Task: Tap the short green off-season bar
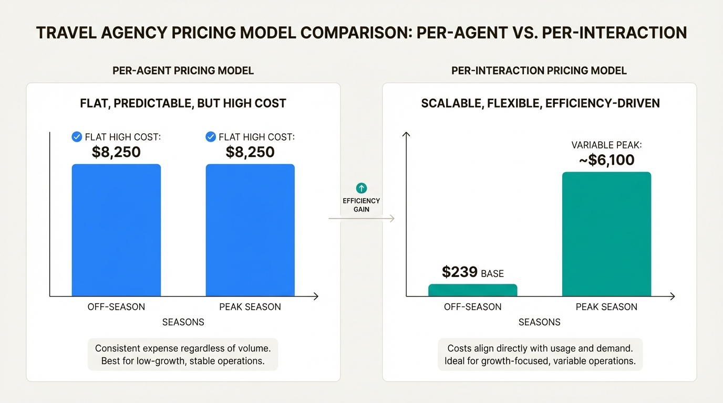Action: coord(472,290)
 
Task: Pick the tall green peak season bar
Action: coord(606,234)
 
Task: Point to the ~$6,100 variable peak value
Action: coord(606,160)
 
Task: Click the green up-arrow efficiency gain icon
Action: coord(361,188)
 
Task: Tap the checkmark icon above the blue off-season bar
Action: coord(77,137)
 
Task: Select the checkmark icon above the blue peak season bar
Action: coord(211,137)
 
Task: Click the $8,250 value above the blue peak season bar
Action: coord(250,152)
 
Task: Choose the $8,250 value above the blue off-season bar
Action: coord(116,152)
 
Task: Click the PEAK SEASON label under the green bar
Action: coord(606,307)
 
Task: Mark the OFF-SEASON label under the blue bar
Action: coord(116,307)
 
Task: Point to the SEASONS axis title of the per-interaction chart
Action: coord(540,322)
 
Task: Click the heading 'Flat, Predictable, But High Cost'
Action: coord(183,103)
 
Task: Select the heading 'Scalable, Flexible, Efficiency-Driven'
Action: coord(540,103)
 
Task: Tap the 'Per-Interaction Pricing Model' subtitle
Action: coord(539,70)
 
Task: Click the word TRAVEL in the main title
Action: coord(67,33)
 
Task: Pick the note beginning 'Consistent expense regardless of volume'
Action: coord(183,354)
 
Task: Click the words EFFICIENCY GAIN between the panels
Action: coord(361,205)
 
